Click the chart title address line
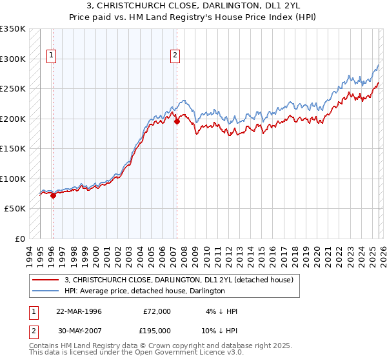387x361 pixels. pos(193,6)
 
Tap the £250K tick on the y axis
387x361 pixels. pos(13,88)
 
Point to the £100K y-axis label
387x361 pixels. pos(13,179)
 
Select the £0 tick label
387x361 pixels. pos(19,239)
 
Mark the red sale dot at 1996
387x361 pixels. pos(53,195)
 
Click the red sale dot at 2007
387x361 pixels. pos(176,121)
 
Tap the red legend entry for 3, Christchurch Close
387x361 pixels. pos(179,280)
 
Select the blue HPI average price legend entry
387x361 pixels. pos(144,291)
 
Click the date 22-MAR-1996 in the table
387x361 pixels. pos(79,311)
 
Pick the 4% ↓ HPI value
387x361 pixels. pos(221,311)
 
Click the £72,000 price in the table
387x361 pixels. pos(157,311)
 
